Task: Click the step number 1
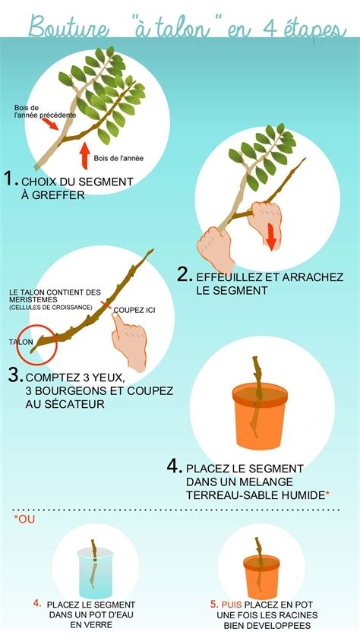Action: tap(10, 180)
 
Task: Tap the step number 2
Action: tap(184, 275)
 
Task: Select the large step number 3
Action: tap(14, 374)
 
